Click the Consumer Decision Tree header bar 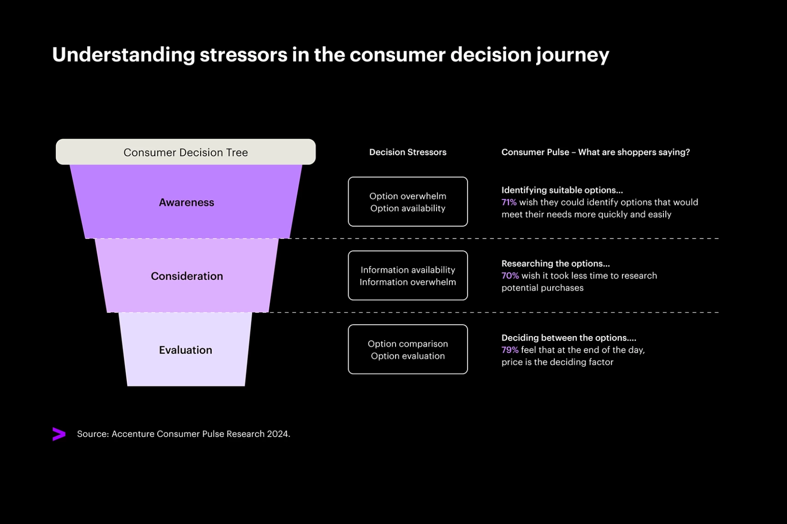tap(185, 152)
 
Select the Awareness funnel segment tap(186, 202)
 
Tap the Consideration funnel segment tap(187, 276)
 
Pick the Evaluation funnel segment tap(185, 350)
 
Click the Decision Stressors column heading tap(408, 152)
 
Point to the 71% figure tap(509, 202)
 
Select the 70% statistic tap(509, 276)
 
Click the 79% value tap(509, 350)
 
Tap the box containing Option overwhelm tap(408, 202)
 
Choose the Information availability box tap(408, 275)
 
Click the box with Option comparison tap(408, 349)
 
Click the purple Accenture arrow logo tap(59, 434)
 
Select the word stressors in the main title tap(243, 55)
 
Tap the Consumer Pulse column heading tap(595, 152)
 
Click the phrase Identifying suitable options tap(562, 190)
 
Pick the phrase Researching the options tap(555, 264)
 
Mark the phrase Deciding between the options tap(568, 338)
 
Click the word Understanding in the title tap(123, 55)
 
